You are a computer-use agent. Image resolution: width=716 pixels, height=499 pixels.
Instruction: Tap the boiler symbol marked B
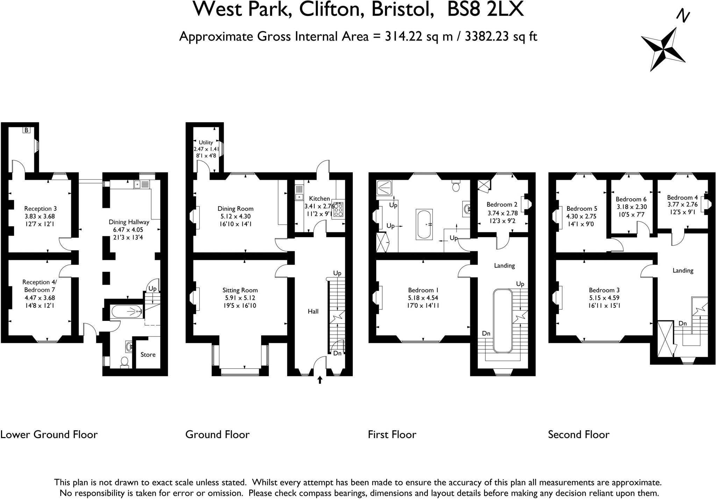27,130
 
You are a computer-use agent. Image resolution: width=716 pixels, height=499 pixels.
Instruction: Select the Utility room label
206,142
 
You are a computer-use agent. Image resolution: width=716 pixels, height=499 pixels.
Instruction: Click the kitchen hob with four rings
338,210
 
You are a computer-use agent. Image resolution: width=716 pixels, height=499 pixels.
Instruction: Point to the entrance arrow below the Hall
320,380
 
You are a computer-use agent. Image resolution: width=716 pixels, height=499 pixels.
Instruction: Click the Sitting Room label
240,290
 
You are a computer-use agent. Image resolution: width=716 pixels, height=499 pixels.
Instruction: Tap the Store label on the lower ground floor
148,354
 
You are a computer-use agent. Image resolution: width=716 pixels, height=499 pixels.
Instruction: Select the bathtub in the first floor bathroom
424,224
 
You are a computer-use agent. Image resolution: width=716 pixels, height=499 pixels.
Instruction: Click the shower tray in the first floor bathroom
385,188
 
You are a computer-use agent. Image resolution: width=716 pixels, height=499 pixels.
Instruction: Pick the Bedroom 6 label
631,199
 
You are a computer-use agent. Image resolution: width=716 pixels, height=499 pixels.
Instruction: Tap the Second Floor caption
579,435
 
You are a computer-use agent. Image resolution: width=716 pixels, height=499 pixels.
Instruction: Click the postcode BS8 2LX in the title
485,9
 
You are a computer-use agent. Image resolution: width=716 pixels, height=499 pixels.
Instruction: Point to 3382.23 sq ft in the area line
501,36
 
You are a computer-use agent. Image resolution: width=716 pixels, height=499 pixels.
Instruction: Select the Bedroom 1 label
423,290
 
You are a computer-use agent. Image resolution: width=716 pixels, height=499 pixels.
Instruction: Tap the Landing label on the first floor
504,266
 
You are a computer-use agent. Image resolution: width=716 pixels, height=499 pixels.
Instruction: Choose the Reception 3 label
40,209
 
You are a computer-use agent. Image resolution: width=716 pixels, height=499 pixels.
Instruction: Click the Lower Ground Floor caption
49,435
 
